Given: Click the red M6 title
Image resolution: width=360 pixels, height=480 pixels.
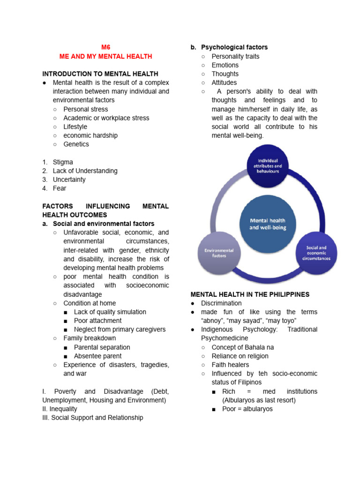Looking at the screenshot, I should pyautogui.click(x=105, y=47).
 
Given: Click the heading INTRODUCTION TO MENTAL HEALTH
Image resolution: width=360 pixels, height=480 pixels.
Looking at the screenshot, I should pyautogui.click(x=100, y=74).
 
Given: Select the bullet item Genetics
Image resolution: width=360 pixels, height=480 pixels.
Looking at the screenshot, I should pyautogui.click(x=76, y=144).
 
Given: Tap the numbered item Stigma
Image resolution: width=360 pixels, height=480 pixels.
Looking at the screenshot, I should pyautogui.click(x=63, y=162).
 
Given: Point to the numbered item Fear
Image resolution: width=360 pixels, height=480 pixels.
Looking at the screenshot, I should pyautogui.click(x=60, y=188).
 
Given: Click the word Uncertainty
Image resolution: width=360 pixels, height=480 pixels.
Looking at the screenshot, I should pyautogui.click(x=69, y=180).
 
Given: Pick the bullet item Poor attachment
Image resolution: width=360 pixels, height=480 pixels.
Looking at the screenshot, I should pyautogui.click(x=97, y=321).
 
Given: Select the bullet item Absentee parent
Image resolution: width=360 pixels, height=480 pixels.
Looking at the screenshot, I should pyautogui.click(x=97, y=356).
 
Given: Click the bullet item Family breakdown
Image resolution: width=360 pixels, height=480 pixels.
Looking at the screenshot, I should pyautogui.click(x=90, y=338).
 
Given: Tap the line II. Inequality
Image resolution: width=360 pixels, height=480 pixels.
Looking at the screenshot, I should pyautogui.click(x=60, y=409).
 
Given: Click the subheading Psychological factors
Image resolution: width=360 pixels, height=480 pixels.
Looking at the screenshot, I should pyautogui.click(x=234, y=47).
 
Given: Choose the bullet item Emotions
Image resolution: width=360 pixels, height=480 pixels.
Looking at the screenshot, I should pyautogui.click(x=225, y=65).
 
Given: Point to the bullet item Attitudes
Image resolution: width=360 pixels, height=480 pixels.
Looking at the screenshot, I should pyautogui.click(x=224, y=83).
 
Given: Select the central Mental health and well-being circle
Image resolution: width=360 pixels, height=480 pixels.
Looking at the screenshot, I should pyautogui.click(x=267, y=224).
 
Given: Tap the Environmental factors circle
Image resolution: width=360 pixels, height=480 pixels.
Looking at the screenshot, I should pyautogui.click(x=219, y=253).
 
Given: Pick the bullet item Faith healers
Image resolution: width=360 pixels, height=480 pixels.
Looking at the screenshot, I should pyautogui.click(x=230, y=365).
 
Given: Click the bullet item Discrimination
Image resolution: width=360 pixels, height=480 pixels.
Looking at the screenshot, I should pyautogui.click(x=221, y=303).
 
